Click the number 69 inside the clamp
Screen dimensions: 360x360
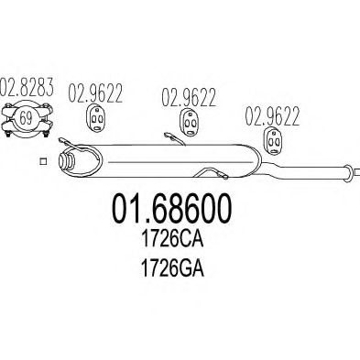[x=26, y=119]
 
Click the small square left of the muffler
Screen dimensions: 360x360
[x=41, y=162]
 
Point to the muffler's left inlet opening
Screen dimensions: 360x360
[x=66, y=163]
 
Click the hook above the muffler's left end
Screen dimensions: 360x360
[x=64, y=142]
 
